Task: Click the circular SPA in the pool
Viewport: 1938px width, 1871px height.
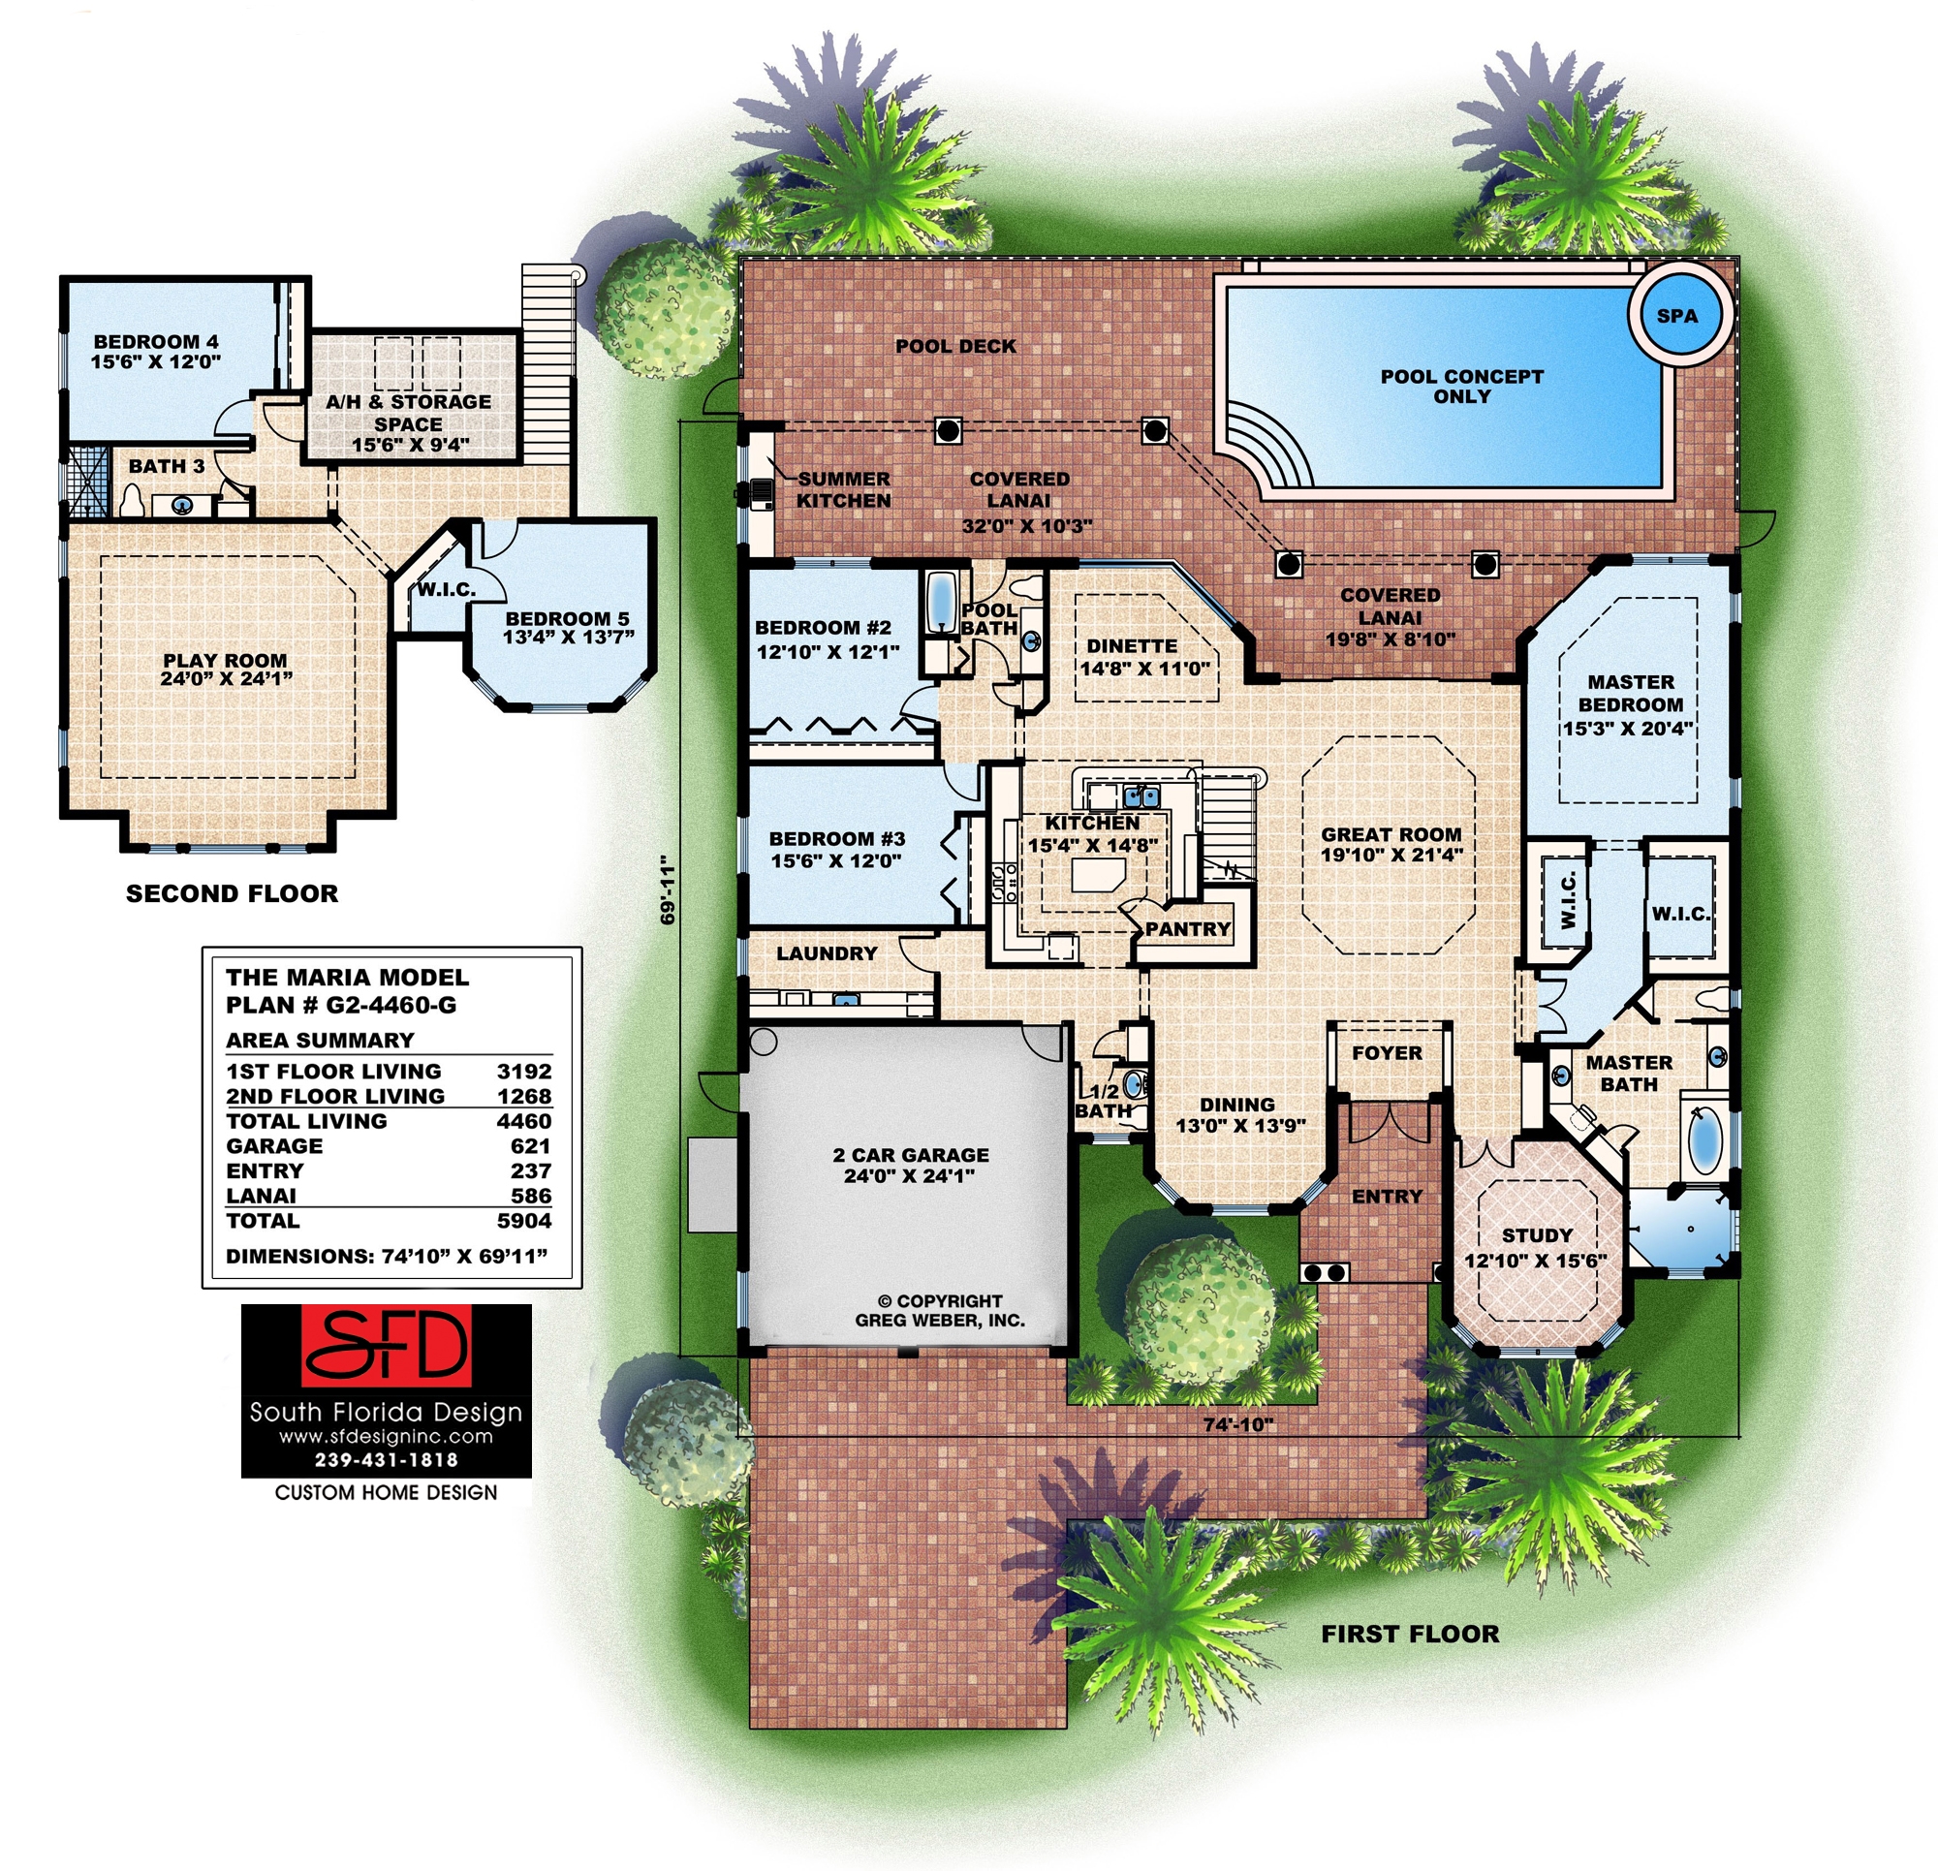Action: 1677,317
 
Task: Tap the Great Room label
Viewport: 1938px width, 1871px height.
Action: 1391,845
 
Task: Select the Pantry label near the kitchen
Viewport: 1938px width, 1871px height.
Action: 1188,929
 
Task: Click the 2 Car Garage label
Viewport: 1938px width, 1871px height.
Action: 910,1165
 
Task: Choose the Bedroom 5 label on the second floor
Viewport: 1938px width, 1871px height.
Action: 568,628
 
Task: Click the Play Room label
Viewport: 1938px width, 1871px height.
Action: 226,670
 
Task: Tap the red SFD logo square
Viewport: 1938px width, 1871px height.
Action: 386,1346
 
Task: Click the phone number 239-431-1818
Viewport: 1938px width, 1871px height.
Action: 386,1459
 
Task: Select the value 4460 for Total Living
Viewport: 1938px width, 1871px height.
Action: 524,1121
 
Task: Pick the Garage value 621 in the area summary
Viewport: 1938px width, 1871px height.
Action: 530,1146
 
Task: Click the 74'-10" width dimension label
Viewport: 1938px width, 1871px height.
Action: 1238,1425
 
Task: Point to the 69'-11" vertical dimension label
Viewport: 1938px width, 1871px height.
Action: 669,890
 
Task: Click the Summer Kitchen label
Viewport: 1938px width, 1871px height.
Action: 843,489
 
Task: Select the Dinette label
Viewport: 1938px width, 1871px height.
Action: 1132,645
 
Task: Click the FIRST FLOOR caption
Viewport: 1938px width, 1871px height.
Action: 1410,1634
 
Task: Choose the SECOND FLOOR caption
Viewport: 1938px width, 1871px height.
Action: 233,894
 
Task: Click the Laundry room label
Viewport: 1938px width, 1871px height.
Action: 827,953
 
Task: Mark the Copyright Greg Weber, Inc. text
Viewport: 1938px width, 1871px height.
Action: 939,1310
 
